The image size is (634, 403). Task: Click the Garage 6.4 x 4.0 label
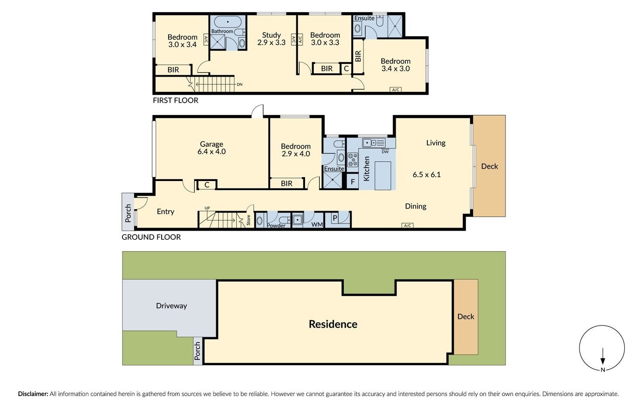tap(211, 148)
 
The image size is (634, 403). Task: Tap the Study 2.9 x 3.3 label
tap(271, 39)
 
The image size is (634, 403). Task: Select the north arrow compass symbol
tap(602, 349)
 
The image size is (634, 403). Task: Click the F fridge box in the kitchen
tap(353, 182)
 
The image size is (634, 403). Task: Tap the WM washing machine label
tap(317, 225)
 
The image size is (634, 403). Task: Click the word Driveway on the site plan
tap(171, 306)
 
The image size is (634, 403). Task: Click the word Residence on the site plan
tap(333, 324)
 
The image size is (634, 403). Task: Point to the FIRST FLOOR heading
tap(175, 101)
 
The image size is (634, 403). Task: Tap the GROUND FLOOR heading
tap(151, 237)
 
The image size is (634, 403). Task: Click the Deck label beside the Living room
tap(489, 166)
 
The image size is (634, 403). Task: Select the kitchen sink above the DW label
tap(373, 143)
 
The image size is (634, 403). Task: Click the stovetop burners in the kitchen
tap(353, 160)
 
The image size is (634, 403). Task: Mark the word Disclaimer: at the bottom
tap(33, 394)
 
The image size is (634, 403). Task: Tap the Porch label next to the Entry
tap(128, 213)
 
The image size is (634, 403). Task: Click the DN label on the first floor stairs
tap(239, 84)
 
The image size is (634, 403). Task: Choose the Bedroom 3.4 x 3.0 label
tap(395, 65)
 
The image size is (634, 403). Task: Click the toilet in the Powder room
tap(284, 220)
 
